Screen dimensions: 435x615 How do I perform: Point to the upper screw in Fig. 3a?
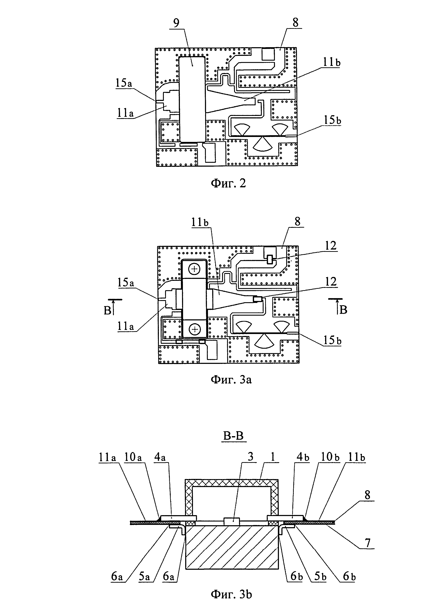(195, 269)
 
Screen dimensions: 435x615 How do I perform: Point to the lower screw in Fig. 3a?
(195, 328)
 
